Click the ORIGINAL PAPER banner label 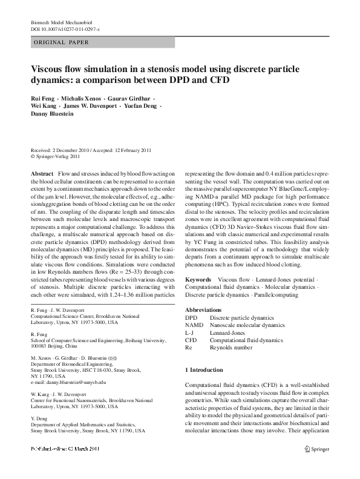tap(61, 42)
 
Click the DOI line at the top tap(65, 28)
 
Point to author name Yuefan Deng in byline tap(139, 105)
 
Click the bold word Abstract tap(41, 173)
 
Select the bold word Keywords tap(198, 279)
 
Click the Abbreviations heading tap(205, 309)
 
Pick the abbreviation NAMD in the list tap(194, 325)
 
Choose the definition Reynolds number tap(231, 348)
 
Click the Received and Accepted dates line tap(91, 149)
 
